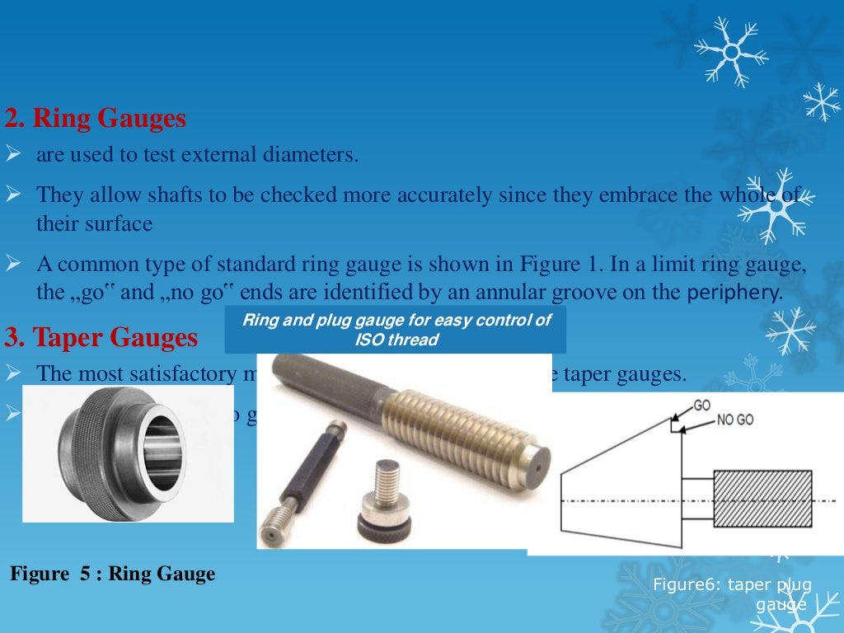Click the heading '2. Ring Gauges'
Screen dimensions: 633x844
96,120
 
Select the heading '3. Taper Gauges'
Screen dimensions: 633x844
101,338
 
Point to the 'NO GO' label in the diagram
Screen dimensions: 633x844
735,420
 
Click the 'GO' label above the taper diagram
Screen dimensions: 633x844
702,406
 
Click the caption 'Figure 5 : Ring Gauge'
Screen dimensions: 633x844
112,574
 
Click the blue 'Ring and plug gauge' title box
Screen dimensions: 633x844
396,330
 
